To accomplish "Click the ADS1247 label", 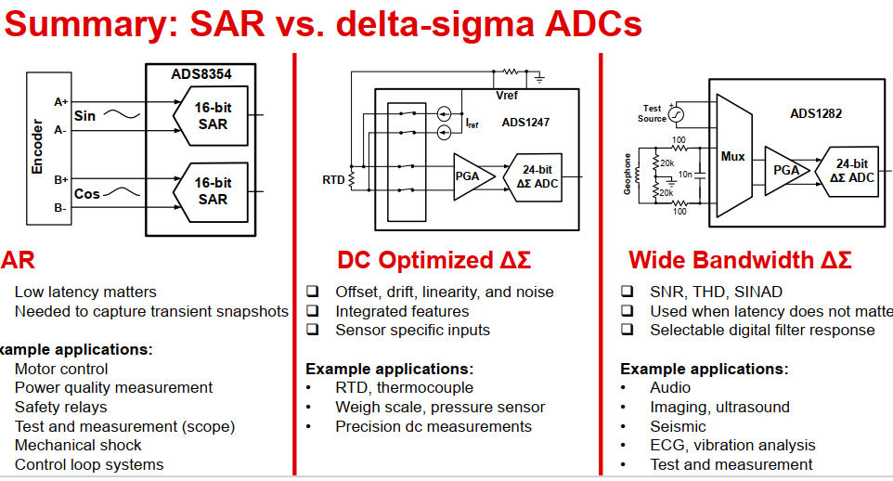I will (526, 122).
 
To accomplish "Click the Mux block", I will (733, 157).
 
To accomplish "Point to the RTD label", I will (333, 178).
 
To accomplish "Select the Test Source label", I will (652, 113).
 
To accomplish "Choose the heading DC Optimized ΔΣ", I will (434, 260).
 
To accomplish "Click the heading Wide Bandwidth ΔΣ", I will (740, 260).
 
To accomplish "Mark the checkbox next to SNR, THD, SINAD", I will (628, 292).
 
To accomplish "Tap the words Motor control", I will (61, 369).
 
